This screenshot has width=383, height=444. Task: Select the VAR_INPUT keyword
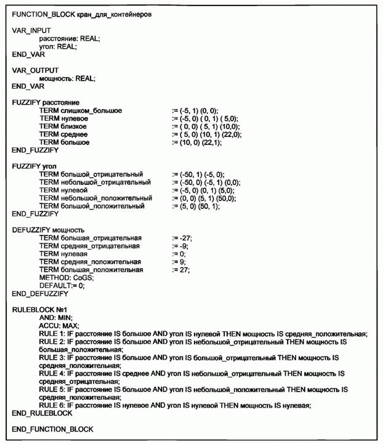tap(31, 30)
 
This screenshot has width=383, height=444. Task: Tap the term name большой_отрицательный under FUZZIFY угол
tap(102, 175)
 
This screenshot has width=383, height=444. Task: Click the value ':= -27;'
tap(183, 238)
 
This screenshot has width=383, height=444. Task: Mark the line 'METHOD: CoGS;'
tap(67, 278)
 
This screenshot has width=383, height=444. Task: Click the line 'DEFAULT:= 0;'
tap(62, 286)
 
